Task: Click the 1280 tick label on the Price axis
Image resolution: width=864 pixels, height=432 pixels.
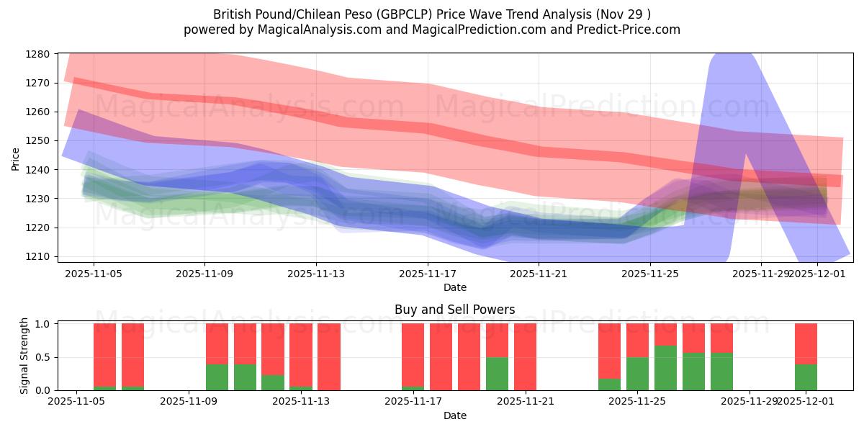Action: coord(37,54)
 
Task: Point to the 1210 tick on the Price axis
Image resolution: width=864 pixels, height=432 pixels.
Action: coord(37,256)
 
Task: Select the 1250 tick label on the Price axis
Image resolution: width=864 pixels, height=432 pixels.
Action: coord(37,140)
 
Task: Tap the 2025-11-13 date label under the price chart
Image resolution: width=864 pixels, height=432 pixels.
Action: coord(316,274)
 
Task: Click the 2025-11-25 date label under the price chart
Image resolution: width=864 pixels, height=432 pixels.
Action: coord(650,274)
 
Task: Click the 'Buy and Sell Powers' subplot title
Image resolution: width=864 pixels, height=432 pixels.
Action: coord(454,310)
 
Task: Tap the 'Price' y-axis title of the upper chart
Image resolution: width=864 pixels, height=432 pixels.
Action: coord(16,158)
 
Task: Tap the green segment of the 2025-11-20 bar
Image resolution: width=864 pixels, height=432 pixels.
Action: coord(497,374)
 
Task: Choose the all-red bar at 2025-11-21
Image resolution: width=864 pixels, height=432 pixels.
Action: coord(525,357)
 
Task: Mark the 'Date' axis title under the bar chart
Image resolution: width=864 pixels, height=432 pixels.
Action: coord(454,415)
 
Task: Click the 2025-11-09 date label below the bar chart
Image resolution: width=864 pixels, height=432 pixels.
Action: coord(189,401)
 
